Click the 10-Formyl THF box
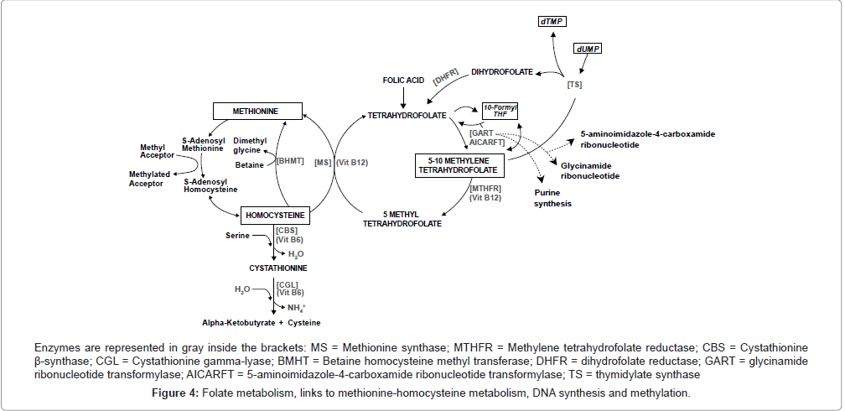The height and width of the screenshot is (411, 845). tap(500, 112)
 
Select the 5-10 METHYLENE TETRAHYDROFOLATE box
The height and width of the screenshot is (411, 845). tap(459, 164)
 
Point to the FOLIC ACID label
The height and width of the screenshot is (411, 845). tap(403, 81)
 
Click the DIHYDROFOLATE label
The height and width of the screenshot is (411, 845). tap(501, 72)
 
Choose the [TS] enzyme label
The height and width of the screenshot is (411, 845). tap(574, 85)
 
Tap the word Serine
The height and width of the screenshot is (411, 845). tap(238, 237)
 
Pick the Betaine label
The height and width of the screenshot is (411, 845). tap(248, 164)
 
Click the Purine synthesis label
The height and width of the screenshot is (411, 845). tap(553, 198)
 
